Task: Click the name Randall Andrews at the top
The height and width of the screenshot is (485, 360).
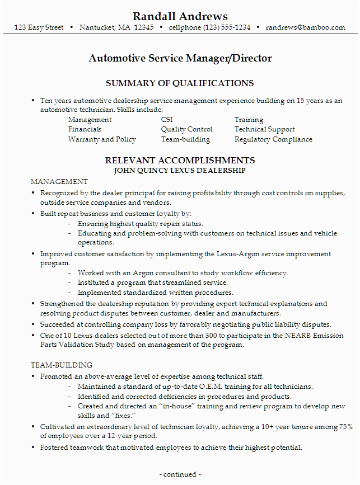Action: tap(180, 16)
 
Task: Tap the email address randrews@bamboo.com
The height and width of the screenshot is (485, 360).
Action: tap(305, 27)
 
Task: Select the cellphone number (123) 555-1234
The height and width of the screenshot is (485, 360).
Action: tap(210, 27)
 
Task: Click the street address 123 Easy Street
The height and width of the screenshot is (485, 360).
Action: tap(39, 27)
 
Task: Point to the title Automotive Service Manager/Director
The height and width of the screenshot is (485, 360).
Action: tap(180, 58)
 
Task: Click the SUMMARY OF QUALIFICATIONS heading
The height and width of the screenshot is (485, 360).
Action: tap(180, 83)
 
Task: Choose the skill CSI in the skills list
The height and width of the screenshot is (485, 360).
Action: tap(167, 120)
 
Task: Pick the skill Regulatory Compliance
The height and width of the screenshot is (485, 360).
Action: tap(273, 139)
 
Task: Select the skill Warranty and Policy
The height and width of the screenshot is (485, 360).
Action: tap(102, 139)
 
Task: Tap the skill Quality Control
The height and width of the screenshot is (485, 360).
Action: tap(186, 129)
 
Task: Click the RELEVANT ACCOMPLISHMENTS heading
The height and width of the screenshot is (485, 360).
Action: tap(180, 161)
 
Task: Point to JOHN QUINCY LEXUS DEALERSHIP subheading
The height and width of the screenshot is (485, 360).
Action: tap(180, 169)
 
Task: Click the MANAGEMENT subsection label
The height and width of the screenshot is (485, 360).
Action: tap(59, 182)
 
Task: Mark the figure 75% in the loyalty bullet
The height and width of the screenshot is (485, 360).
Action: tap(344, 427)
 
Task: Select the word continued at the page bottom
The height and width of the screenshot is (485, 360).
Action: tap(180, 474)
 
